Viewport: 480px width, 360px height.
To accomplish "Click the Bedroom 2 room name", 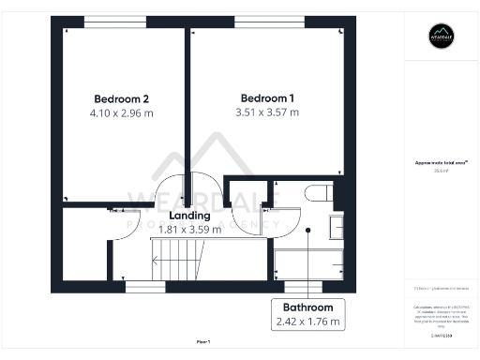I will (x=122, y=98).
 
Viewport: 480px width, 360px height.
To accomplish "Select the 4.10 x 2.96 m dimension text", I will (x=122, y=113).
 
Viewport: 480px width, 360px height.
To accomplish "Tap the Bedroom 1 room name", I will (x=268, y=98).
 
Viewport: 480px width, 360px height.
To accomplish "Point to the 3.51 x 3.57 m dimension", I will (x=268, y=113).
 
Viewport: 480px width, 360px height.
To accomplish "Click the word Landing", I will (x=189, y=215).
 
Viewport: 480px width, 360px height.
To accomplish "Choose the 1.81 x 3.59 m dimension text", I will (x=189, y=229).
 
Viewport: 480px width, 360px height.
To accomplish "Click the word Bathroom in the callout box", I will (x=307, y=307).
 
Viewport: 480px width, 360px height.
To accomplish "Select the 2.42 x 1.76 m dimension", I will (x=307, y=322).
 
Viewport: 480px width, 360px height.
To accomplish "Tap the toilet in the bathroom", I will (x=315, y=193).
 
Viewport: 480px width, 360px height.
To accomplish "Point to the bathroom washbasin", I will (x=335, y=225).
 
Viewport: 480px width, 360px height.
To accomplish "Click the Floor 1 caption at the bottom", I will (x=204, y=342).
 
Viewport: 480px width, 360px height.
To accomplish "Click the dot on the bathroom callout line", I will (x=307, y=230).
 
